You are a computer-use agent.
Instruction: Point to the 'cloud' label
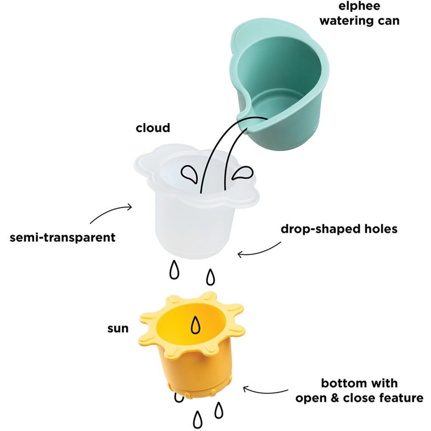point(153,128)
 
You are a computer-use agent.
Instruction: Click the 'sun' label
point(118,328)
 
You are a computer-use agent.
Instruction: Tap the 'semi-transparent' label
point(62,237)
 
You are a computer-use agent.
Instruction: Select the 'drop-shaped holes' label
point(339,229)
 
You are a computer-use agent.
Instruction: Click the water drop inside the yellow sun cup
point(196,325)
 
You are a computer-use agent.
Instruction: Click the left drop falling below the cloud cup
point(174,270)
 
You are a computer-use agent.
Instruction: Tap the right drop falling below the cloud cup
point(210,277)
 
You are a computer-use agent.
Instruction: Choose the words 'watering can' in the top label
point(365,20)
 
